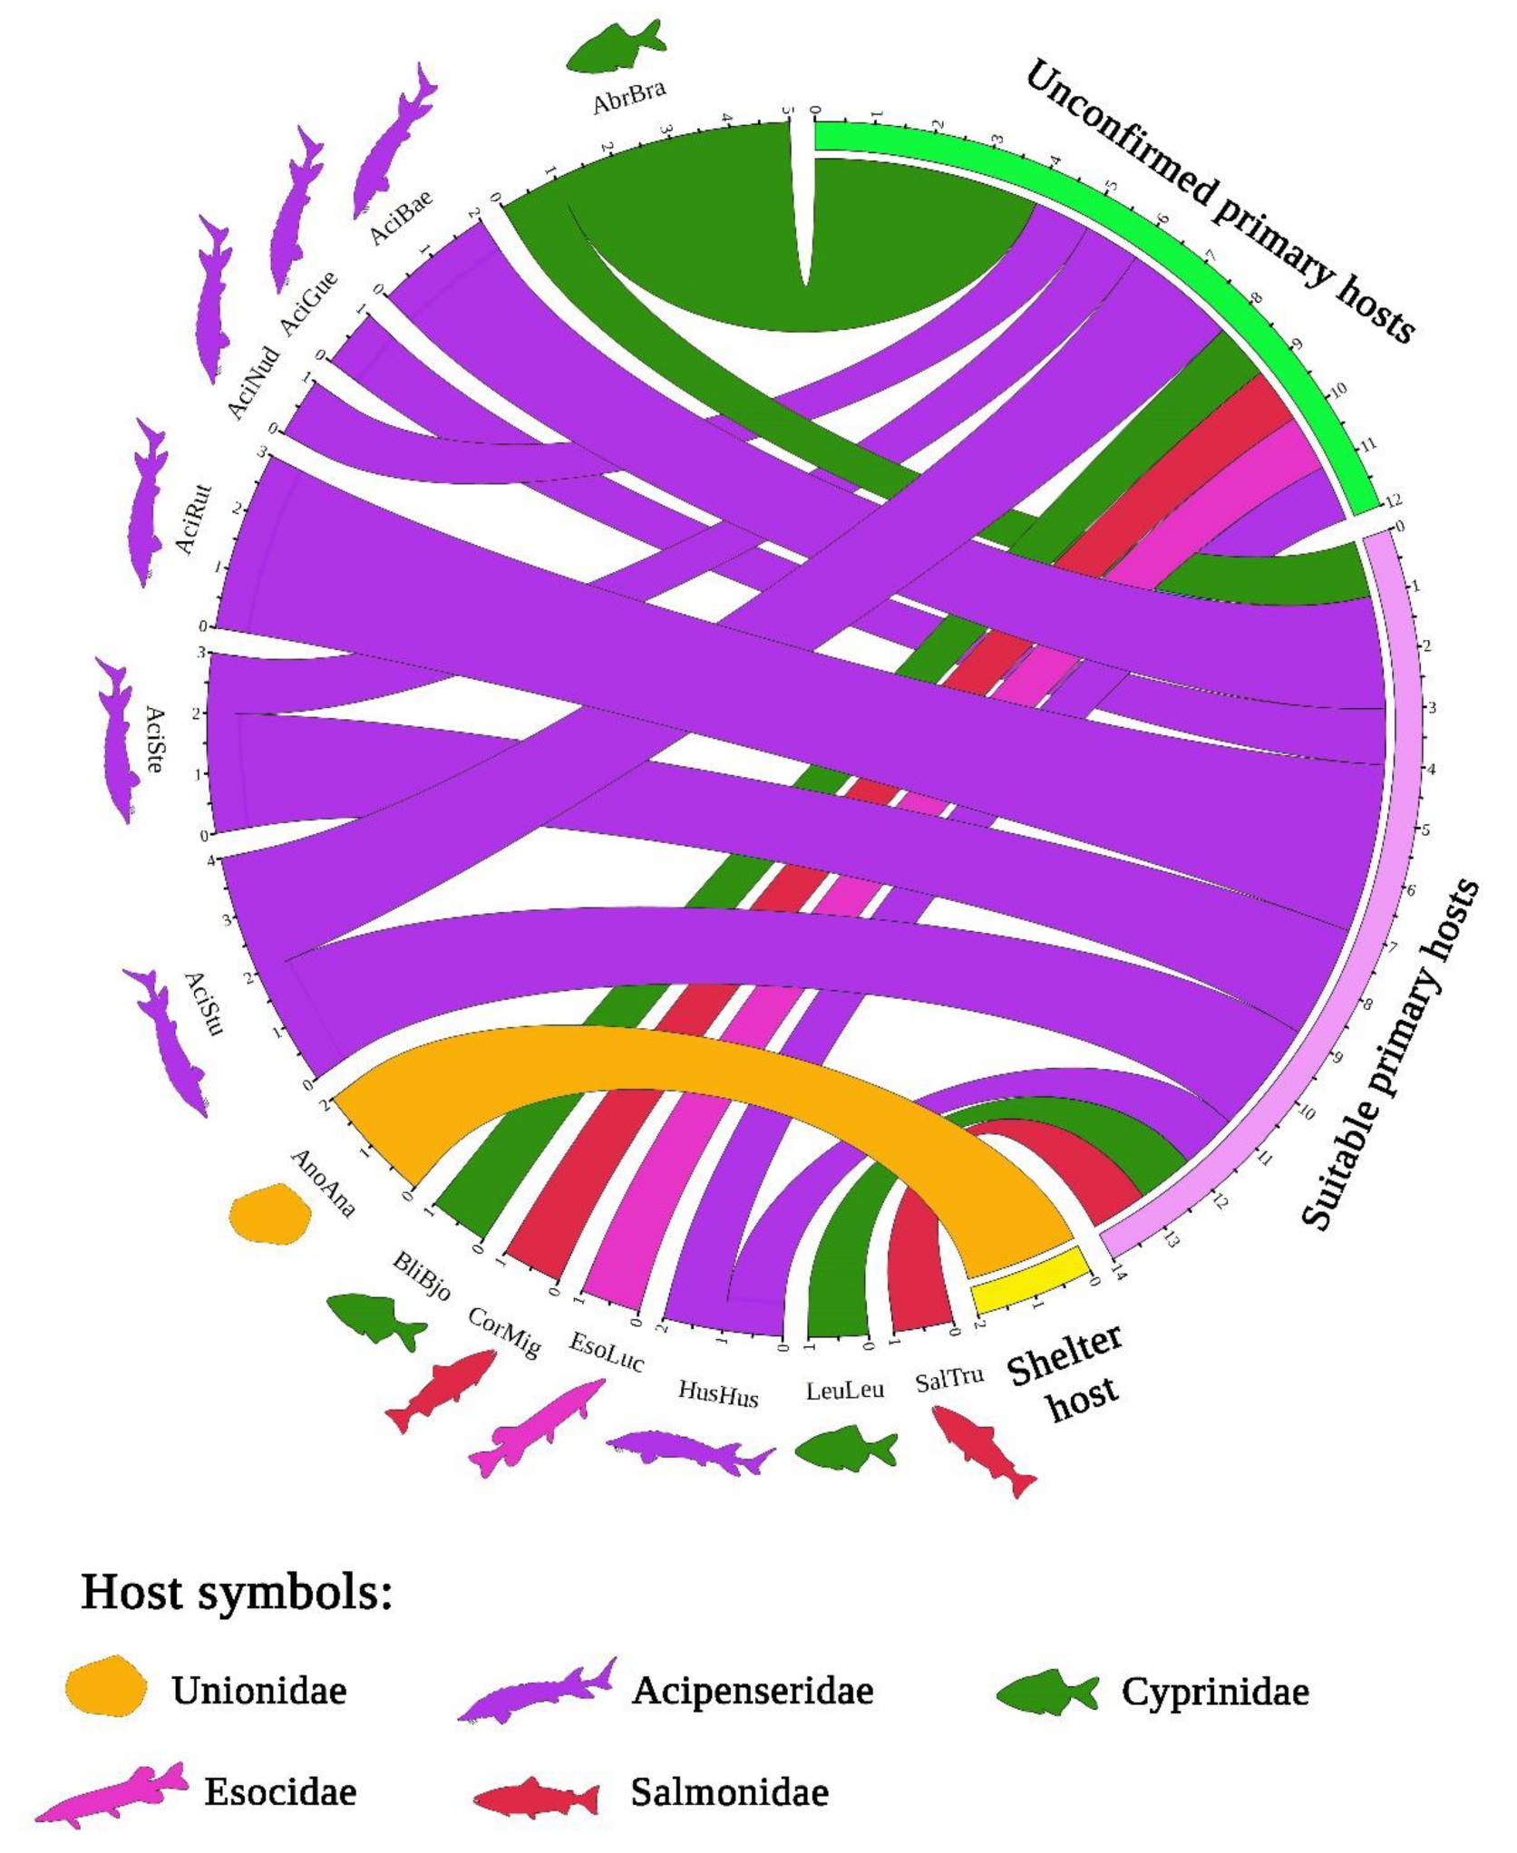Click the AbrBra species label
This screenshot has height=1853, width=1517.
point(629,97)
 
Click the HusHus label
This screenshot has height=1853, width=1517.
point(718,1393)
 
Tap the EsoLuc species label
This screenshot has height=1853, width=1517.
point(607,1351)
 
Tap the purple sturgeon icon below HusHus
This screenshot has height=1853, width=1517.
point(689,1449)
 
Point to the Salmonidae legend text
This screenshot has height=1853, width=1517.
point(729,1792)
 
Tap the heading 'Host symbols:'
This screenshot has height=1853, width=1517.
point(237,1593)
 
